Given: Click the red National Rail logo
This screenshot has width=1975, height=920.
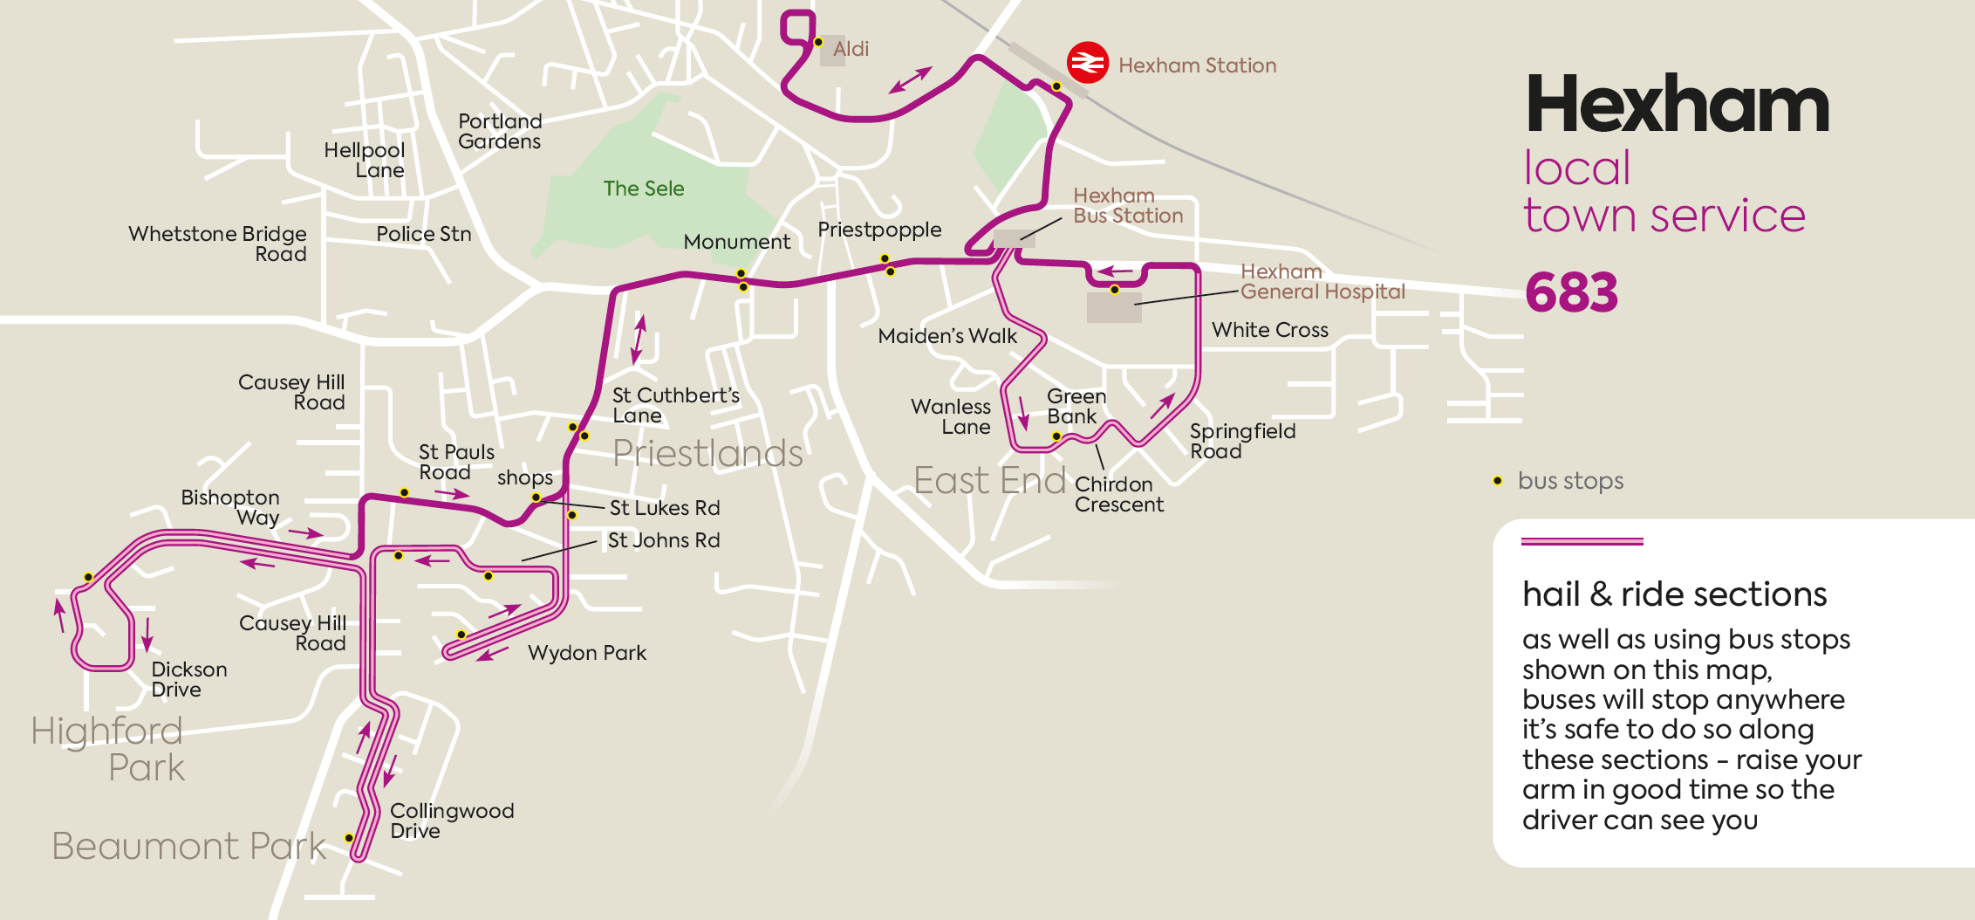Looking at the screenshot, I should (x=1087, y=63).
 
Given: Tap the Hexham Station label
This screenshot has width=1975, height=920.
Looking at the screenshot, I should (x=1197, y=65).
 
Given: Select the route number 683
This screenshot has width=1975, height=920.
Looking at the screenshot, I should (x=1571, y=292).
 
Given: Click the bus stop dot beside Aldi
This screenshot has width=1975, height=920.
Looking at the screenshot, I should (x=818, y=42).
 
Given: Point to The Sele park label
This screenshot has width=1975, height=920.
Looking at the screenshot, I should (x=643, y=189).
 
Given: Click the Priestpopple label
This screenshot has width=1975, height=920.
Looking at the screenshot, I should (x=879, y=230).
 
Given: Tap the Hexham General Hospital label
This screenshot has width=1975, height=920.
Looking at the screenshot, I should (x=1322, y=282).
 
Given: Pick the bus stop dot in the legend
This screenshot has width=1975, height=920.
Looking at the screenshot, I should (x=1498, y=481).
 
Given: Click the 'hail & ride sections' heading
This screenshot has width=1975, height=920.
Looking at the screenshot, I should (x=1674, y=594).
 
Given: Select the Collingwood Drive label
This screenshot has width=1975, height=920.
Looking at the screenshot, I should (x=451, y=820).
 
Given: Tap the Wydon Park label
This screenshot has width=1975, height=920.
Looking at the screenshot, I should (x=587, y=653).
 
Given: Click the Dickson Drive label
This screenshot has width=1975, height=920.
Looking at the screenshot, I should (x=188, y=679).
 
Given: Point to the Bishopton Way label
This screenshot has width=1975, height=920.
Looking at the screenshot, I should (x=230, y=507).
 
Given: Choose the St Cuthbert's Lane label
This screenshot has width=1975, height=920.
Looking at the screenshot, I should (x=675, y=405).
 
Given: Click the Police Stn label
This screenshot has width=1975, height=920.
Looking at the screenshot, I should (x=423, y=234).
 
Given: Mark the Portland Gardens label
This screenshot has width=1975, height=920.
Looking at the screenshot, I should (x=500, y=131).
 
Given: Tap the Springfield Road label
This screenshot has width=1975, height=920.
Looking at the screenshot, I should (x=1242, y=441).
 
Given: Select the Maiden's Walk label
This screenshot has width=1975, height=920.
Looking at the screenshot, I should (x=947, y=336).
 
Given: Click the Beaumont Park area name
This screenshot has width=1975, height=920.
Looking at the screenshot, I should (x=188, y=846).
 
